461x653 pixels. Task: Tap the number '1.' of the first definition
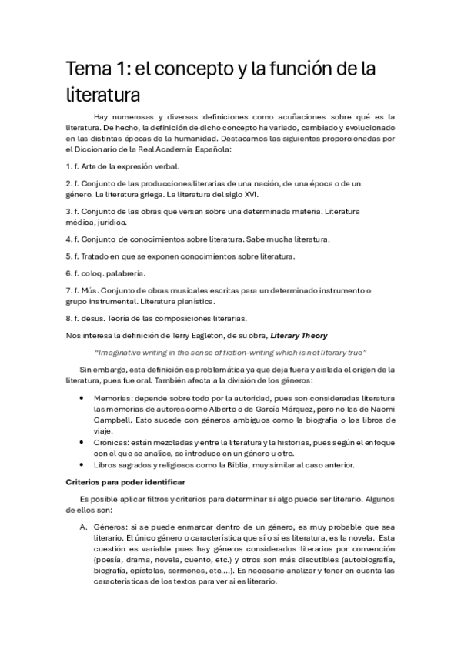point(68,166)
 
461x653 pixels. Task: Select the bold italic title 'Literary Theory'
point(297,335)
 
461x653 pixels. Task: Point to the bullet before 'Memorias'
point(83,398)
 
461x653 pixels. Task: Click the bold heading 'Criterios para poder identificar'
point(125,482)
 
